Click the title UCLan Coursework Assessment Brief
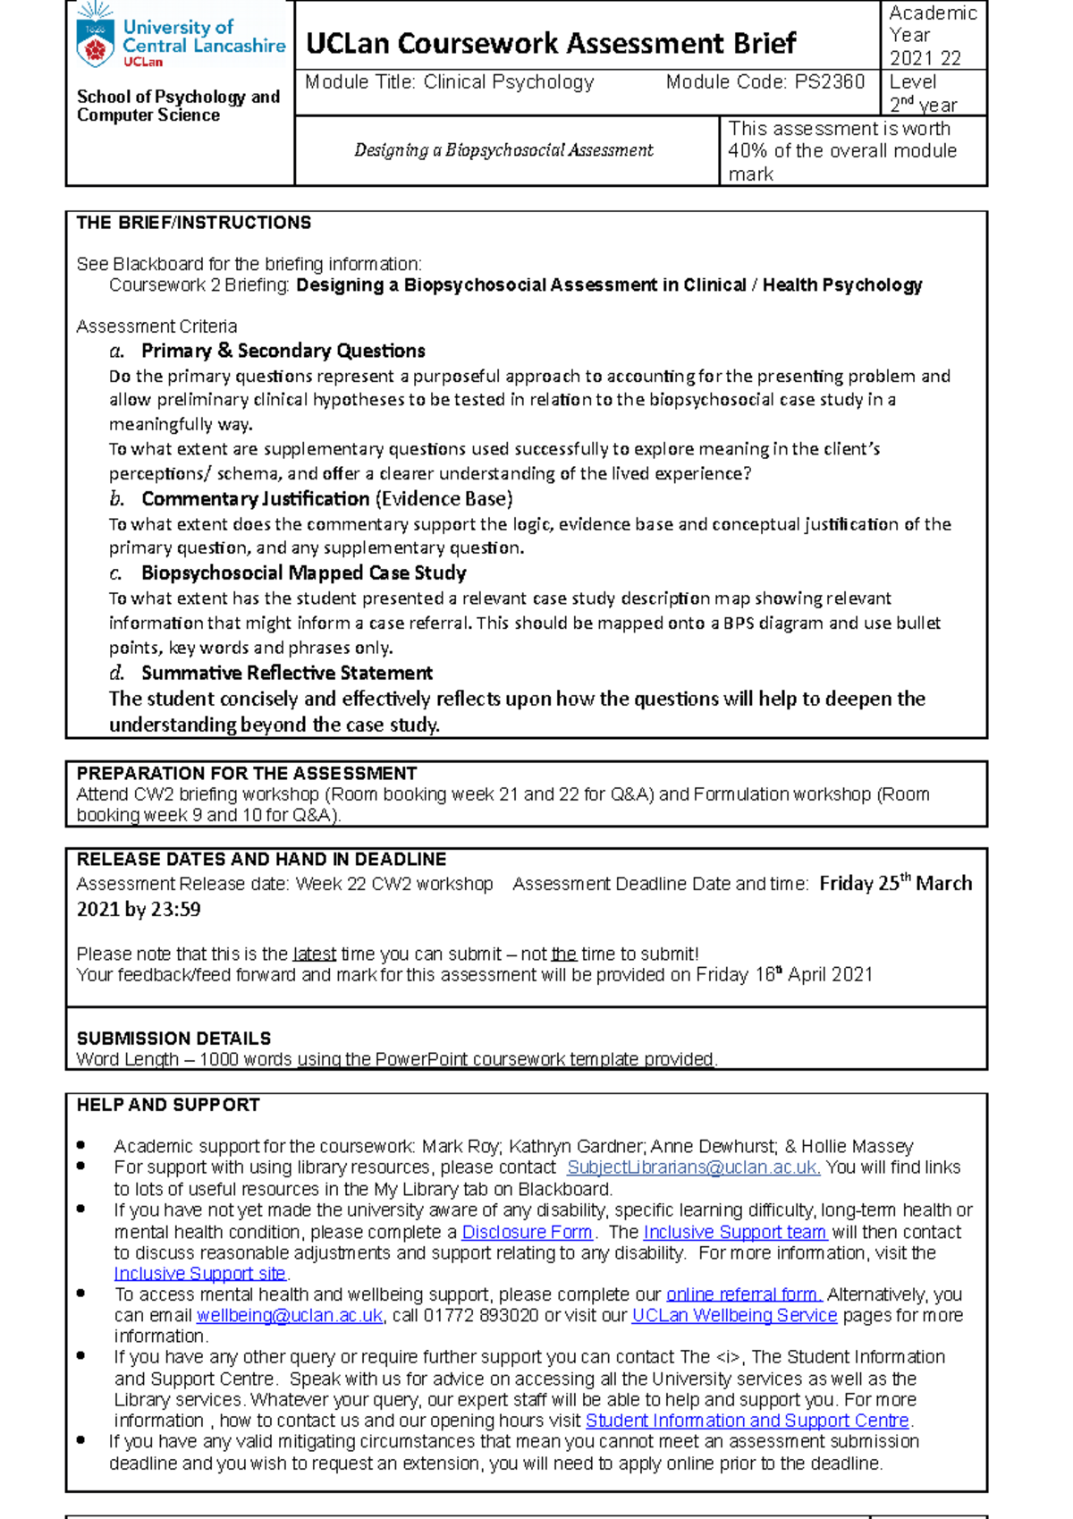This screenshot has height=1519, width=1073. click(551, 43)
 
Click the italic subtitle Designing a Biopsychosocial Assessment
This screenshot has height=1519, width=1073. click(503, 150)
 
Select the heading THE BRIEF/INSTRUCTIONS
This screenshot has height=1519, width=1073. click(193, 223)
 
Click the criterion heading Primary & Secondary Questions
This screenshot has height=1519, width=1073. click(283, 351)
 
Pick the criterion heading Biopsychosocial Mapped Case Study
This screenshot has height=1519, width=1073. click(303, 573)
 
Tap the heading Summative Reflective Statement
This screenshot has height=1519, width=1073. click(286, 673)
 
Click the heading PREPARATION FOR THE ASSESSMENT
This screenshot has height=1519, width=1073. click(246, 773)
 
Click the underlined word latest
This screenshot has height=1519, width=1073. click(315, 954)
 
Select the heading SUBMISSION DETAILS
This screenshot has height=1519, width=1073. click(173, 1039)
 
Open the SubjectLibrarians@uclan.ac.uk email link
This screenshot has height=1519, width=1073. click(693, 1167)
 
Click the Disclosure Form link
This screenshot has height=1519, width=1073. click(527, 1232)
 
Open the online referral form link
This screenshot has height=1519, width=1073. click(744, 1294)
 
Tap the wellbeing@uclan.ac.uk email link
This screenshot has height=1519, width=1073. click(290, 1315)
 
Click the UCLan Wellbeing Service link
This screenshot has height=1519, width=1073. click(734, 1315)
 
